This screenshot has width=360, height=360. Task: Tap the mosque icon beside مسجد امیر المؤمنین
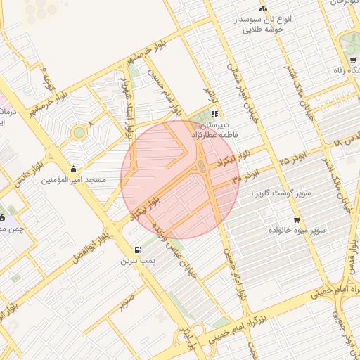(74, 169)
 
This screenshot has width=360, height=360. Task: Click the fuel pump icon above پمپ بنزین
(136, 250)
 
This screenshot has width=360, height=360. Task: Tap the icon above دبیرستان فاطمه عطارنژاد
(214, 113)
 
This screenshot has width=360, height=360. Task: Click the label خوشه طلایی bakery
(263, 30)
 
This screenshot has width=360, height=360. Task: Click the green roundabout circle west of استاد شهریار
(79, 132)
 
